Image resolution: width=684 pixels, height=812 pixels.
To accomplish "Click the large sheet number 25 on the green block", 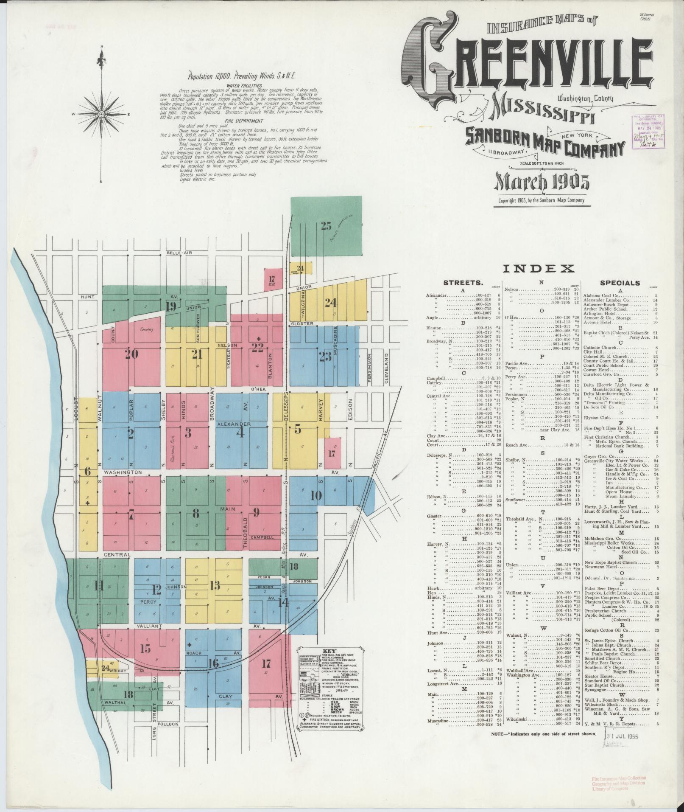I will click(326, 226).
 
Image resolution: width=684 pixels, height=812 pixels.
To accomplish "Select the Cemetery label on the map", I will click(147, 329).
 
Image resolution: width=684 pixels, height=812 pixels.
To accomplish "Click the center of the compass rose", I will click(101, 115).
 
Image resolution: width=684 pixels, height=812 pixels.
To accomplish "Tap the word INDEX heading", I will click(539, 268).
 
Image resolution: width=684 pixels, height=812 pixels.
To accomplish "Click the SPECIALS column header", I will click(620, 283).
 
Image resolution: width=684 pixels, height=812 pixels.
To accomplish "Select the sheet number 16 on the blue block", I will click(213, 675).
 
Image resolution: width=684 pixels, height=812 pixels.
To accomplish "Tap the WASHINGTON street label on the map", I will click(123, 472).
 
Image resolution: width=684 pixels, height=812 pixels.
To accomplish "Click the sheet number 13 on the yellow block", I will click(215, 586).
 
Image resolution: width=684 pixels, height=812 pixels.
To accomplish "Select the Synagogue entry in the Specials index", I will click(595, 690).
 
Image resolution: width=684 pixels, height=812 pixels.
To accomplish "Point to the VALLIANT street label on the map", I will click(150, 626).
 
